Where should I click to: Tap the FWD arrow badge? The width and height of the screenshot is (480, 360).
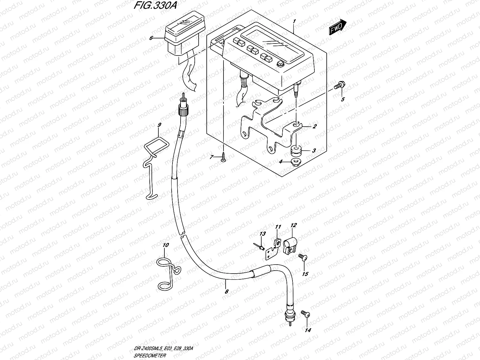pos(337,28)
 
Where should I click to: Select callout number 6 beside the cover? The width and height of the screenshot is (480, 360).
pos(151,38)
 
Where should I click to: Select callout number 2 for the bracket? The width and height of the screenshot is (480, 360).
pos(314,127)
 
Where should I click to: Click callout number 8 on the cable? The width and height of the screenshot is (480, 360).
pos(227,291)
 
